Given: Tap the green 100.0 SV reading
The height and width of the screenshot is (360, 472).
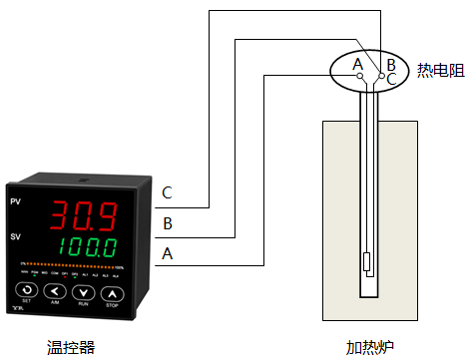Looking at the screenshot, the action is pos(90,245).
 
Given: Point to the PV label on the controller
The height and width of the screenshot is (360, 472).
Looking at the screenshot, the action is pos(15,202).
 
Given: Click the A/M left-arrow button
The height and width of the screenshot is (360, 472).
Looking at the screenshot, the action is pos(55,293).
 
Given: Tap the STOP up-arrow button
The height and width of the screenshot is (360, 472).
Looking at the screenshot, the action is pos(113,293).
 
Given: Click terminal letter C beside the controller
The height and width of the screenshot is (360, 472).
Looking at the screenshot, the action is pos(167,192).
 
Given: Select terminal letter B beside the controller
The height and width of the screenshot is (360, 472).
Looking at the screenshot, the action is pos(167,222).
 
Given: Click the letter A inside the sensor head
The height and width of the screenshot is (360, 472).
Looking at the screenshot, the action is pos(356,65).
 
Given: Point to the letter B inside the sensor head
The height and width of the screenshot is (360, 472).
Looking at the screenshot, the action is pos(391,65).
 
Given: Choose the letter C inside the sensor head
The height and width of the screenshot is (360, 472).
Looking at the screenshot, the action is pos(391,79).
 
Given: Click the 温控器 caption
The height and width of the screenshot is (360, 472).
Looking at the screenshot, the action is pos(71,347).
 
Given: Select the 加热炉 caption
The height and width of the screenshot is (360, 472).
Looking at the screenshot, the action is pos(369,347).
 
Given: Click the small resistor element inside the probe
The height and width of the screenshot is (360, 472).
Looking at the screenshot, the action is pos(369,264).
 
